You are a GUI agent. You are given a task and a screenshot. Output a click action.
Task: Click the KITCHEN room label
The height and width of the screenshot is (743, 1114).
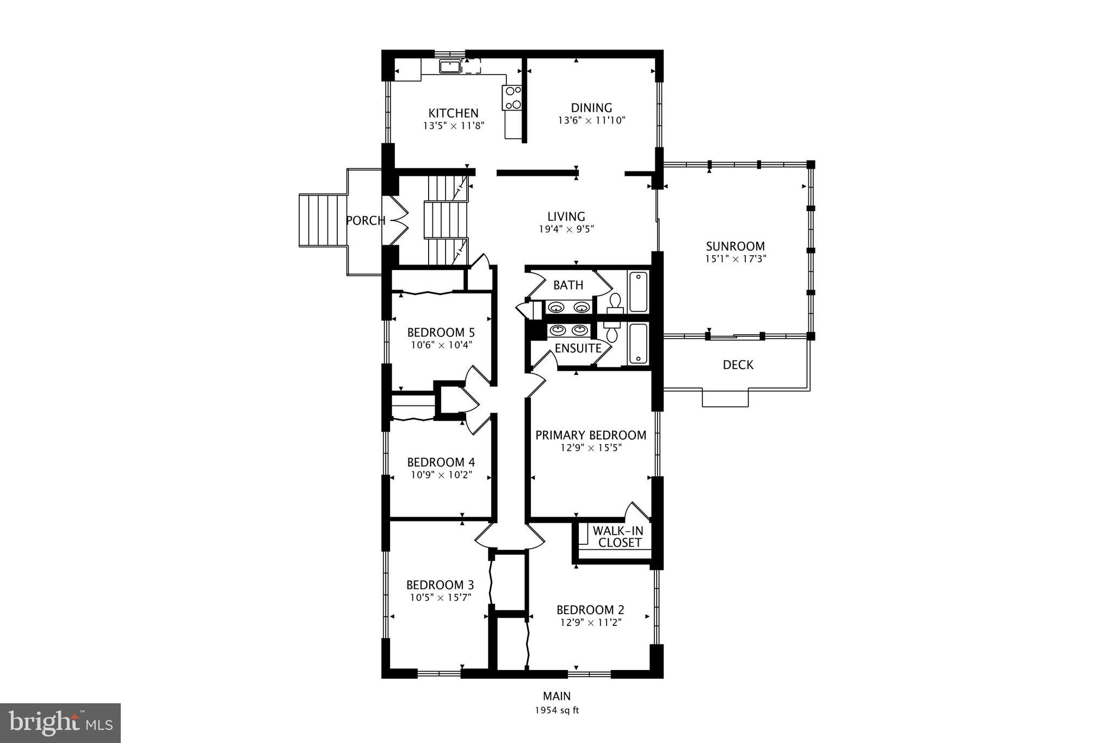[x=453, y=113]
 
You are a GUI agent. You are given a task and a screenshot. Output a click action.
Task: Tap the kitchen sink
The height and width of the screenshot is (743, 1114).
[x=450, y=66]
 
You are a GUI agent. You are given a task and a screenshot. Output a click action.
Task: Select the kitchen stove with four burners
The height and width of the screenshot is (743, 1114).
[x=513, y=98]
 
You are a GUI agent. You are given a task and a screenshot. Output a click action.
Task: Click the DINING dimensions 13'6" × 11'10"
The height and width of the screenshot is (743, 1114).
[x=591, y=120]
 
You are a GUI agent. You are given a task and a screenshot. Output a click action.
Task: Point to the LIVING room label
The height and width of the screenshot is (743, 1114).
[x=566, y=217]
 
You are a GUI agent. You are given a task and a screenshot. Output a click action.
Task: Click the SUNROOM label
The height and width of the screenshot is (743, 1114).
[x=735, y=246]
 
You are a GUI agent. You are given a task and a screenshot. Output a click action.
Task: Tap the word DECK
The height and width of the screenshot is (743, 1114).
[x=738, y=365]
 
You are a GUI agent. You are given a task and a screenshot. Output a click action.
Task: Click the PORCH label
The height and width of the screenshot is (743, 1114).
[x=366, y=220]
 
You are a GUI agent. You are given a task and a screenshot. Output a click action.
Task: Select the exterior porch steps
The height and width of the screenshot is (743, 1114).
[x=323, y=220]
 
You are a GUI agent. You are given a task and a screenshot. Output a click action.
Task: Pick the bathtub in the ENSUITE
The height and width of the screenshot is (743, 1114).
[x=638, y=343]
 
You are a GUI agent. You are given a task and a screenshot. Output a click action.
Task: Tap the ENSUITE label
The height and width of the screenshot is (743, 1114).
[x=578, y=348]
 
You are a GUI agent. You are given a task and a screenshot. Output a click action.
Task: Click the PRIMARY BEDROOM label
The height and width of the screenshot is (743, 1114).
[x=591, y=435]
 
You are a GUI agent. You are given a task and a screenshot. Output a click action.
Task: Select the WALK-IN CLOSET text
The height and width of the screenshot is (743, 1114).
[x=618, y=537]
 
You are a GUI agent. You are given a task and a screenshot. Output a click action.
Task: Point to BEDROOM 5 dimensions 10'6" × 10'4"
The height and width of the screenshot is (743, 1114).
[x=441, y=345]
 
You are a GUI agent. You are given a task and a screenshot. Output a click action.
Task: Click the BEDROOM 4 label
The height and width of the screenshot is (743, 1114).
[x=441, y=462]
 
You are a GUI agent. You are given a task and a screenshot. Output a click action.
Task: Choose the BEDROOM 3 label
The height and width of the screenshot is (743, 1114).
[x=440, y=585]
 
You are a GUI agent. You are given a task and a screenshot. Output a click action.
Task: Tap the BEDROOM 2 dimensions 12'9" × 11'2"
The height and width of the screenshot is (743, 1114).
[x=590, y=622]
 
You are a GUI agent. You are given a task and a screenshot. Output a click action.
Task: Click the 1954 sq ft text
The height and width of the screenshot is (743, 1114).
[x=556, y=710]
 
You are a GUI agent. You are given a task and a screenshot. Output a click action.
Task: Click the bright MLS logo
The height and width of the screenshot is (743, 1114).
[x=60, y=723]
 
